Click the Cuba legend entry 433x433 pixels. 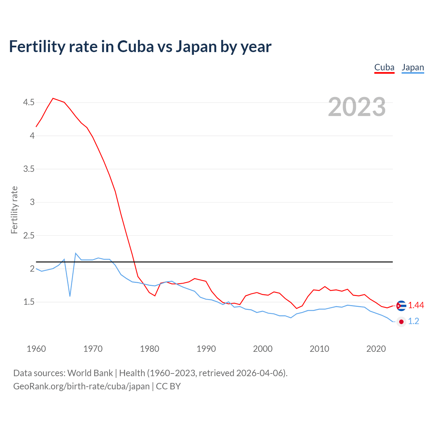coord(384,68)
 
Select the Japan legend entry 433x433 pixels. coord(413,68)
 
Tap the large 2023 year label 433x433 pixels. coord(357,107)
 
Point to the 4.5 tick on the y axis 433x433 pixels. coord(29,102)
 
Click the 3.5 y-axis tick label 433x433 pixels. coord(29,169)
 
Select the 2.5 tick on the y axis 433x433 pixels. coord(29,235)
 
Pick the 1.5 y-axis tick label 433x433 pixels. coord(29,302)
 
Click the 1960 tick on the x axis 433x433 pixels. coord(36,349)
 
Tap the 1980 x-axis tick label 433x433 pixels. coord(150,349)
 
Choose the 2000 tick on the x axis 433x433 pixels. coord(263,349)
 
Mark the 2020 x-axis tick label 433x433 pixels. coord(376,349)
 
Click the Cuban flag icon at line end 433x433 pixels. coord(401,305)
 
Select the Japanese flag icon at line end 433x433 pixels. coord(401,322)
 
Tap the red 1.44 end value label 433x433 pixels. coord(416,305)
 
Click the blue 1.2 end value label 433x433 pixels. coord(413,321)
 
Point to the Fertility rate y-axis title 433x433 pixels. coord(14,210)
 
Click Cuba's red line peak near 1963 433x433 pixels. coord(53,98)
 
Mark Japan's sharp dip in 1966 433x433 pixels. coord(70,296)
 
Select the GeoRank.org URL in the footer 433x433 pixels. coord(81,386)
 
